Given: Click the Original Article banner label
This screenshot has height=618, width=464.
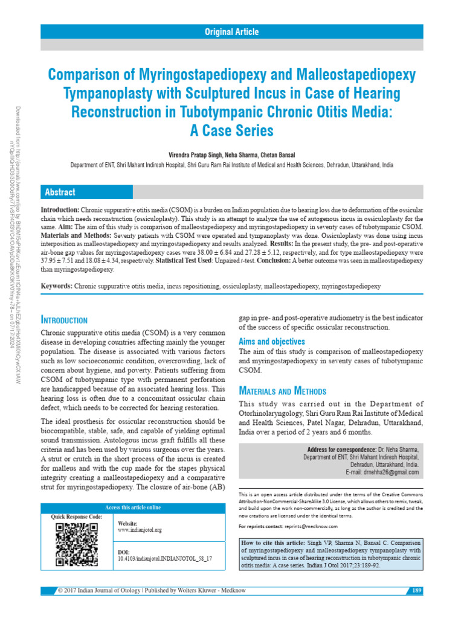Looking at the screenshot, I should (x=231, y=31).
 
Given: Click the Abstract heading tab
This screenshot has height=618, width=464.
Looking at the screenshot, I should (x=60, y=193).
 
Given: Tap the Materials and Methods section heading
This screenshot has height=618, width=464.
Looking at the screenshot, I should (x=282, y=390).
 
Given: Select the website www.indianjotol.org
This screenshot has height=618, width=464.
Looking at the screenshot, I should (x=140, y=529).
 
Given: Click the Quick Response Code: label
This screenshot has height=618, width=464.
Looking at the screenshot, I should (x=77, y=517).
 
